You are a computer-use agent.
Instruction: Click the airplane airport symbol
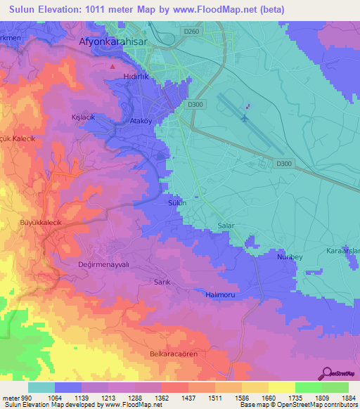click(244, 118)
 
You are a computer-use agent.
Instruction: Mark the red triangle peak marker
click(113, 67)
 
